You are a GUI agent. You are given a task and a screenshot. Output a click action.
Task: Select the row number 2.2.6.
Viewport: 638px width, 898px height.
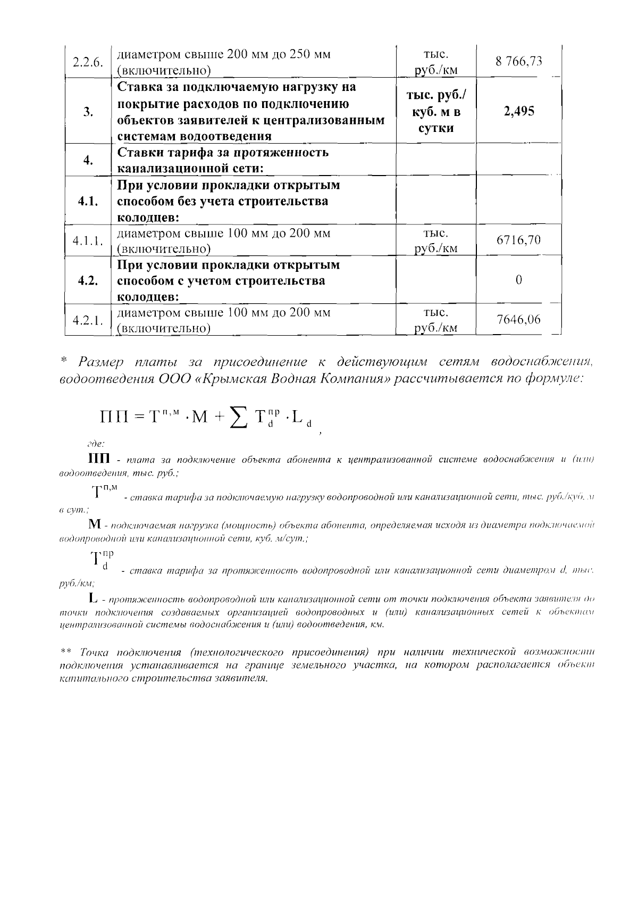click(x=87, y=62)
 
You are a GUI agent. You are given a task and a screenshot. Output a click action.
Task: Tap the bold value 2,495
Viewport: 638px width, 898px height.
click(x=518, y=111)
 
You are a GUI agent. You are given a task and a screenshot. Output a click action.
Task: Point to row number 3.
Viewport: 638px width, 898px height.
click(x=88, y=112)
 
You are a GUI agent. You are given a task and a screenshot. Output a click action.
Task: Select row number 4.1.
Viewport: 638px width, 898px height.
click(x=88, y=201)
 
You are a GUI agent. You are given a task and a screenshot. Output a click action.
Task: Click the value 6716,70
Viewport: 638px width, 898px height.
click(x=518, y=240)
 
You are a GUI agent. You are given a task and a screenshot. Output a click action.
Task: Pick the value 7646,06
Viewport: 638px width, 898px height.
click(x=518, y=319)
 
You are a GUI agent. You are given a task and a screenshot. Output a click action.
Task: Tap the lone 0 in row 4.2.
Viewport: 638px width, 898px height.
click(x=518, y=280)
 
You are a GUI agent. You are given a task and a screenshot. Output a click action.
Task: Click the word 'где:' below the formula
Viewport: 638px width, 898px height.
click(x=96, y=443)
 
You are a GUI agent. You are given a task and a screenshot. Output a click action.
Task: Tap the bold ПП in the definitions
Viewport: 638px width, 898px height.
click(x=99, y=459)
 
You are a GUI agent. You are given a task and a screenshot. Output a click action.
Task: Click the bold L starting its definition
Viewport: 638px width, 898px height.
click(x=94, y=600)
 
